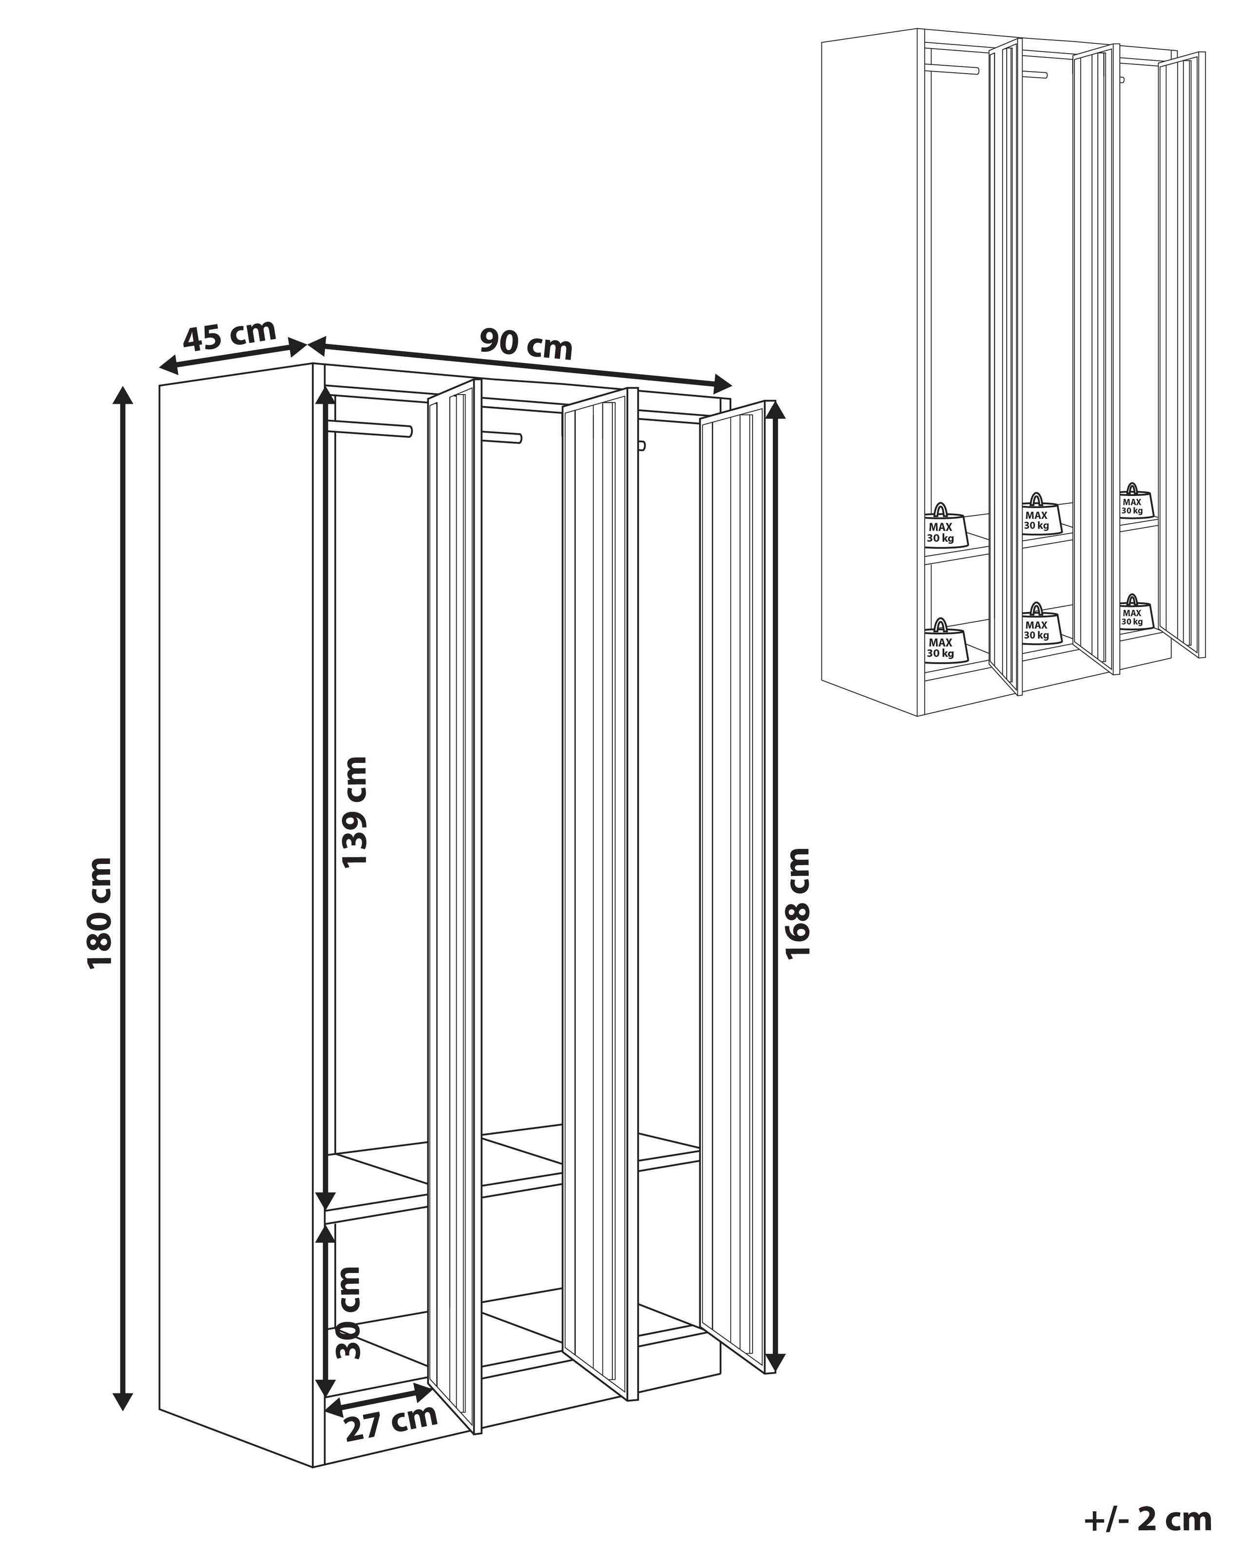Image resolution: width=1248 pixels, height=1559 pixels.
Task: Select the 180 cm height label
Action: click(x=100, y=913)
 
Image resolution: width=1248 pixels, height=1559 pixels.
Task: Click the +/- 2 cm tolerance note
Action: click(x=1148, y=1519)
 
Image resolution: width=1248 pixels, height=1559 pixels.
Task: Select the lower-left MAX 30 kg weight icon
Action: click(x=941, y=640)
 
